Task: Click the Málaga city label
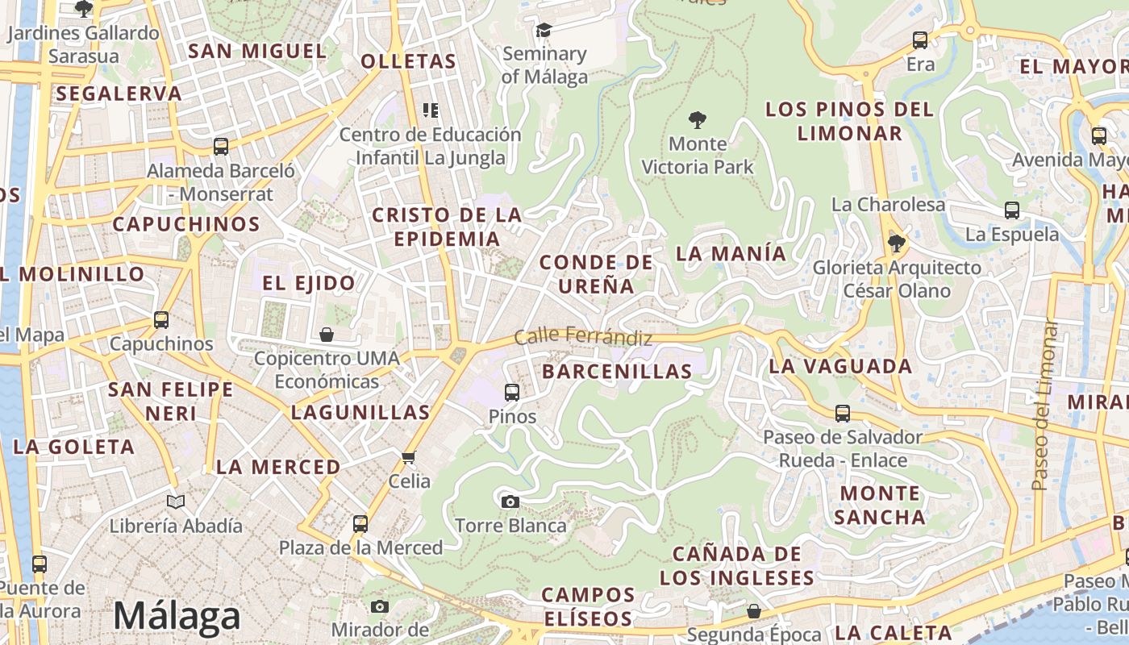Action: pos(177,617)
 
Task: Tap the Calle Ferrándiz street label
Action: pos(583,336)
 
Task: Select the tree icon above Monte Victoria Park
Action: pos(698,121)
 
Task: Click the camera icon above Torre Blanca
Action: pos(510,501)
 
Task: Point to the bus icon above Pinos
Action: pos(512,393)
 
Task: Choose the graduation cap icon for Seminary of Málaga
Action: pos(544,31)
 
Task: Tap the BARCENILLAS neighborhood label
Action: pos(617,371)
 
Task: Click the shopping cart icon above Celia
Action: pos(409,457)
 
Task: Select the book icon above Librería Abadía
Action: pos(176,501)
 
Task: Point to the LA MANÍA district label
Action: pos(731,253)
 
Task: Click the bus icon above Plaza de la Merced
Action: pos(360,524)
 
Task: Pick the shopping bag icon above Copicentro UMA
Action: pos(327,334)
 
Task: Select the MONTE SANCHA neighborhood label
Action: pos(879,505)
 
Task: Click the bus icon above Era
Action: pos(920,40)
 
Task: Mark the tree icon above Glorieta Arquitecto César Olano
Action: pos(895,243)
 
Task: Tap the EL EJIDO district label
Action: pos(309,283)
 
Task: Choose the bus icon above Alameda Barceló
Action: pos(221,147)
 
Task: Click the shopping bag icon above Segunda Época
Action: pos(753,611)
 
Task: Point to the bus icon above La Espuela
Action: pos(1012,210)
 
